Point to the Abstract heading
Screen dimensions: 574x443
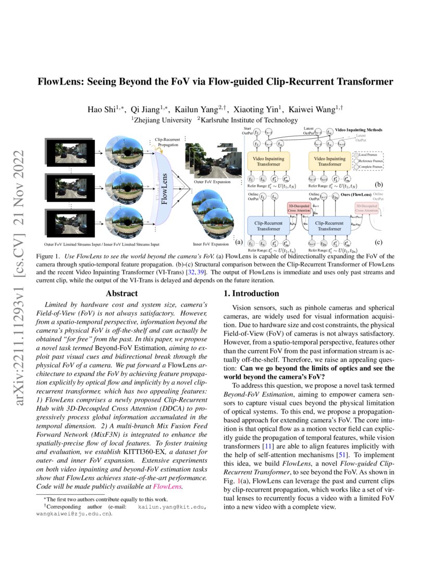pos(122,294)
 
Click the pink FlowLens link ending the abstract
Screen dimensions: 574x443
pos(167,486)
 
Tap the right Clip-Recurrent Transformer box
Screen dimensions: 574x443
pos(329,225)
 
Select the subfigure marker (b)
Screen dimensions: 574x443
pos(379,184)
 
